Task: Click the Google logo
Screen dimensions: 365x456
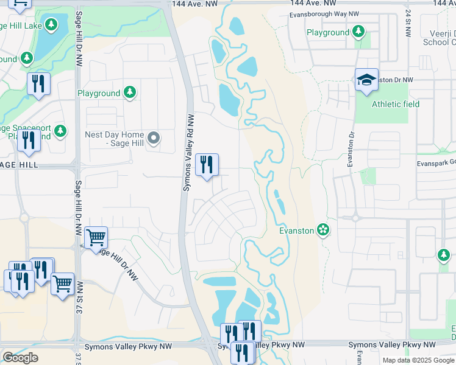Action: pyautogui.click(x=20, y=358)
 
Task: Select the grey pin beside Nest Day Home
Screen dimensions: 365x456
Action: pyautogui.click(x=154, y=139)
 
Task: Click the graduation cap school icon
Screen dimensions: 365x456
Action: pyautogui.click(x=366, y=80)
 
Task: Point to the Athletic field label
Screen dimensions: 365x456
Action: pyautogui.click(x=396, y=104)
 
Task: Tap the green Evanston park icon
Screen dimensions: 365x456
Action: pyautogui.click(x=323, y=231)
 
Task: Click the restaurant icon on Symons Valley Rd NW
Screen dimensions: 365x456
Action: pyautogui.click(x=207, y=164)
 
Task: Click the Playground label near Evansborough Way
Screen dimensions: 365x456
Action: pyautogui.click(x=327, y=32)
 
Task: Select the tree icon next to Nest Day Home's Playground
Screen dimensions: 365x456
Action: pyautogui.click(x=129, y=92)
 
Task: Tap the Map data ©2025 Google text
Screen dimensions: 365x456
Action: pyautogui.click(x=418, y=360)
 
